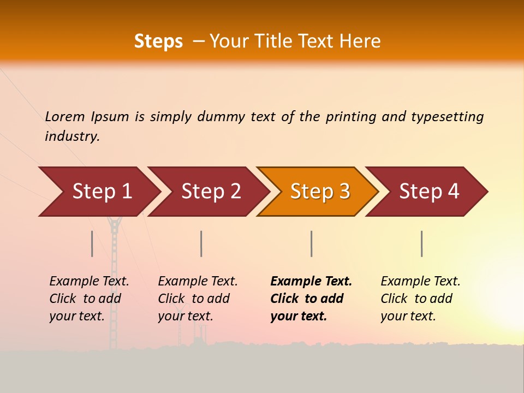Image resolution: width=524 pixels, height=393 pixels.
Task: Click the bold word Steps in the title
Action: click(x=158, y=41)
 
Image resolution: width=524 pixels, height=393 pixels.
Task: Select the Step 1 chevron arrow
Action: click(x=98, y=192)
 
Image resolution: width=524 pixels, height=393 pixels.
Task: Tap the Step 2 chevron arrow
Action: click(x=208, y=192)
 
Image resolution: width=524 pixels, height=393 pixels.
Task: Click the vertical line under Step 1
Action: click(x=92, y=243)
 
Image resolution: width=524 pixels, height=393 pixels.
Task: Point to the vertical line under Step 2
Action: click(x=201, y=243)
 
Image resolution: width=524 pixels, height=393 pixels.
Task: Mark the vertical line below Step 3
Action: click(x=311, y=243)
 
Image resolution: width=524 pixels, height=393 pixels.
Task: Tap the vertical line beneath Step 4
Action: click(x=421, y=243)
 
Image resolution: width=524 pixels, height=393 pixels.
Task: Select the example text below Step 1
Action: click(x=89, y=299)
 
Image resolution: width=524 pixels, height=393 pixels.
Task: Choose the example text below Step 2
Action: click(x=198, y=299)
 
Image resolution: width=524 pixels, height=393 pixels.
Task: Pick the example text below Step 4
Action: click(x=420, y=299)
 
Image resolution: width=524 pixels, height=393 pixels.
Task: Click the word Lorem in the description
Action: click(x=65, y=116)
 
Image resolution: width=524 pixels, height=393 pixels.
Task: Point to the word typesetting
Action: click(x=447, y=117)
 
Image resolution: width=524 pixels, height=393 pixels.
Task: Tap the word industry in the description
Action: click(x=72, y=136)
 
